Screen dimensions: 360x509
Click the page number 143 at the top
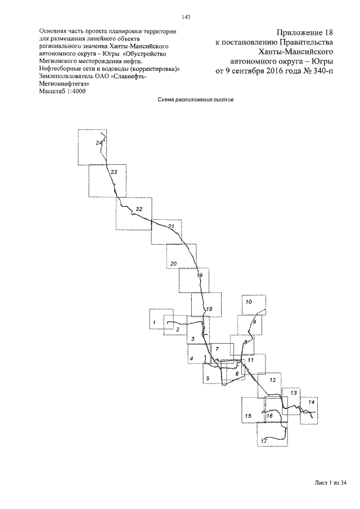coord(186,17)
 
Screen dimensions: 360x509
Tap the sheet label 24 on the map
coord(100,143)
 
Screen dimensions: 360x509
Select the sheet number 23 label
coord(114,172)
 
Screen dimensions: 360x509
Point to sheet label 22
coord(139,209)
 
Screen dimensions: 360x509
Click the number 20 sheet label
coord(174,263)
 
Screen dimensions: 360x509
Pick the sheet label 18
coord(209,309)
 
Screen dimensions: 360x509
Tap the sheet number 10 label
coord(249,301)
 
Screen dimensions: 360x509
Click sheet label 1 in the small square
coord(154,322)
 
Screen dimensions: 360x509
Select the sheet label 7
coord(217,349)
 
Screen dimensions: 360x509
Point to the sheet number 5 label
coord(208,378)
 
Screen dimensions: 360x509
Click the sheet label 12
coord(273,380)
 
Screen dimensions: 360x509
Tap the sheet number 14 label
coord(311,402)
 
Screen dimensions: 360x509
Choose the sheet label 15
coord(248,416)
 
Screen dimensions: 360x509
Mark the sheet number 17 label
coord(264,441)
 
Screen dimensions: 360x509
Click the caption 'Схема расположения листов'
coord(195,100)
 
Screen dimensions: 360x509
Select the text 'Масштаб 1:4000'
coord(62,91)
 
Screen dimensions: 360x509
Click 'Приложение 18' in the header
coord(305,33)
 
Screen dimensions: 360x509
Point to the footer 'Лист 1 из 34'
coord(331,483)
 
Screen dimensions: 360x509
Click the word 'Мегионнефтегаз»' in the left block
coord(64,84)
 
